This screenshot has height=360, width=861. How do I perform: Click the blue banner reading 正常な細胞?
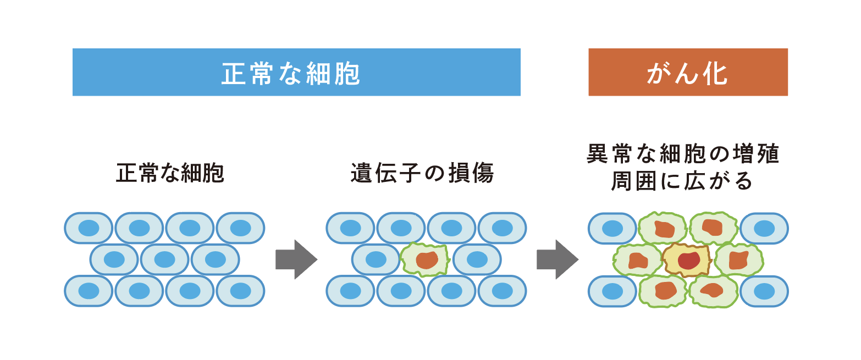(296, 72)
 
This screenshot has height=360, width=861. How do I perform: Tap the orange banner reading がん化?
(688, 72)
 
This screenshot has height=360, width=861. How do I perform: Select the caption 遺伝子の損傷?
(422, 173)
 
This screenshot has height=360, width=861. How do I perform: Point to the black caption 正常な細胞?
(170, 173)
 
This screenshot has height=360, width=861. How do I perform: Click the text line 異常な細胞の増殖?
(683, 154)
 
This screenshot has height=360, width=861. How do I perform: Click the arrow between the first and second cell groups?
(296, 259)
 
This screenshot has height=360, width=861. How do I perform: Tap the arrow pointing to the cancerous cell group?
(558, 259)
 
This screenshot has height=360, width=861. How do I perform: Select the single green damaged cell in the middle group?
(424, 259)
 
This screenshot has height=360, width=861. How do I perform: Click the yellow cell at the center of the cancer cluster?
(687, 259)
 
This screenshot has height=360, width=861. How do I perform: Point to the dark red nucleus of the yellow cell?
(689, 259)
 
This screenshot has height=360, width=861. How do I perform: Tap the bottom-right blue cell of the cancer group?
(764, 291)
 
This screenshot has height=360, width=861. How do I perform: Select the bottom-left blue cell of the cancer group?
(612, 291)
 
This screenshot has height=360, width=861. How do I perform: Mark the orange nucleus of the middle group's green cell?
(427, 259)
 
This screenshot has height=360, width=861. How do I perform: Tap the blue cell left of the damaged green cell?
(376, 259)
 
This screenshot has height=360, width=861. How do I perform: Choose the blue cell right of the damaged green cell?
(477, 259)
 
